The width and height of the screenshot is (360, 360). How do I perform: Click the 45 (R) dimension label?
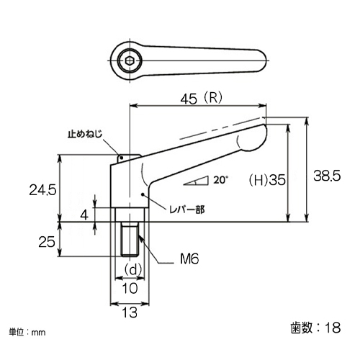pyautogui.click(x=202, y=99)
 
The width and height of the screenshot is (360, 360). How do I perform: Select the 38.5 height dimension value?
pyautogui.click(x=327, y=176)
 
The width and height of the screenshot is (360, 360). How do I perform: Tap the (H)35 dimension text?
pyautogui.click(x=267, y=180)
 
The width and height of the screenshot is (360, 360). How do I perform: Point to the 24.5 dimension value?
pyautogui.click(x=42, y=190)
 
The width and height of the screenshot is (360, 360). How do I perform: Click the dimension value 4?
pyautogui.click(x=84, y=215)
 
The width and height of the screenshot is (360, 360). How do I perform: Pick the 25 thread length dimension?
pyautogui.click(x=47, y=241)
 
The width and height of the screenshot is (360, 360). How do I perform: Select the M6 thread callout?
pyautogui.click(x=189, y=258)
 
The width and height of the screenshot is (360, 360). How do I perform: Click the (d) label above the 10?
pyautogui.click(x=132, y=270)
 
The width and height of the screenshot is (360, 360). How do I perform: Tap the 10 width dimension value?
pyautogui.click(x=130, y=288)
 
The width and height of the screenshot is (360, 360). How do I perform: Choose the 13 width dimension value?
pyautogui.click(x=130, y=312)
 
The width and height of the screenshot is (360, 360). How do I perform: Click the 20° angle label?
pyautogui.click(x=220, y=180)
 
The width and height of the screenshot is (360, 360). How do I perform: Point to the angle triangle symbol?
pyautogui.click(x=196, y=181)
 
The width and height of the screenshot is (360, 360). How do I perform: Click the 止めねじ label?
pyautogui.click(x=85, y=134)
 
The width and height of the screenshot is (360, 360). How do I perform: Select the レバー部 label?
pyautogui.click(x=187, y=210)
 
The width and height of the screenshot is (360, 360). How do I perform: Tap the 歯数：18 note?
pyautogui.click(x=315, y=328)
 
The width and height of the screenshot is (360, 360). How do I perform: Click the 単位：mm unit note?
pyautogui.click(x=27, y=332)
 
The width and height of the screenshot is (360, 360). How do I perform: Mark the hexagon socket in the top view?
pyautogui.click(x=130, y=60)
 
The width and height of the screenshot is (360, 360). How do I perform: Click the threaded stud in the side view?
pyautogui.click(x=130, y=239)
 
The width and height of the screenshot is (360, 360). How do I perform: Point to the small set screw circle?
pyautogui.click(x=122, y=158)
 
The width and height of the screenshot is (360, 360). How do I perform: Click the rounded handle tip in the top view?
pyautogui.click(x=261, y=60)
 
